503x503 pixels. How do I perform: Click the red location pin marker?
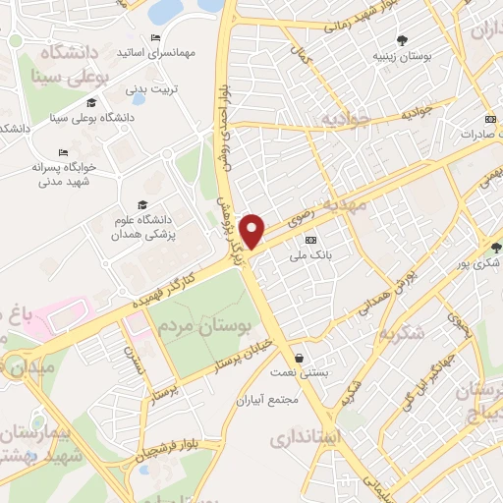[x=253, y=230]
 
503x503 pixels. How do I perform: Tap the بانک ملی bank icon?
[x=311, y=241]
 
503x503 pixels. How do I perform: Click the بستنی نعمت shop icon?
[x=299, y=358]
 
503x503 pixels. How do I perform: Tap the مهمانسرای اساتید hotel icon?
[x=155, y=37]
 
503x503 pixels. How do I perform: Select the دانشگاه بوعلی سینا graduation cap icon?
[x=91, y=103]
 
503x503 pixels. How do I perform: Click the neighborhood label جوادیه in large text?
[x=343, y=120]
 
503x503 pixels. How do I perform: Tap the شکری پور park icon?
[x=496, y=248]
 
